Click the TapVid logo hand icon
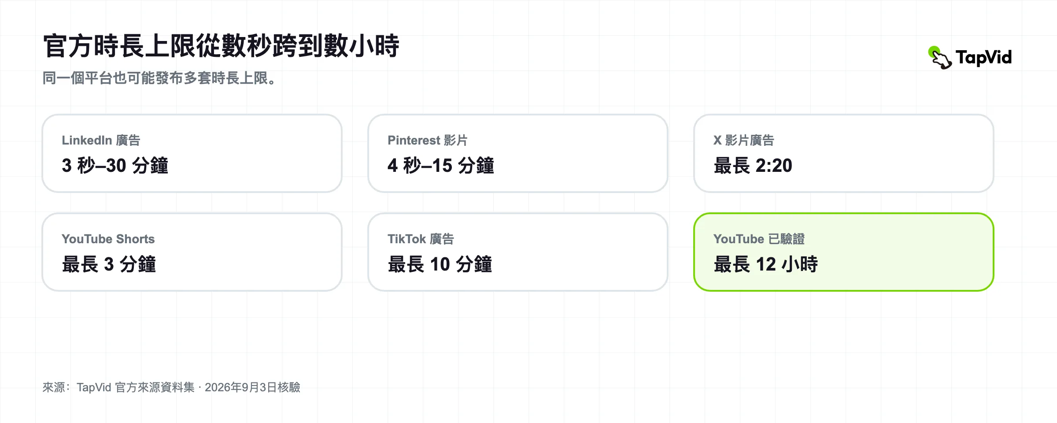pyautogui.click(x=940, y=58)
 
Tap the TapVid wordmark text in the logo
pyautogui.click(x=984, y=58)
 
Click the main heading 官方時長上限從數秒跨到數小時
pyautogui.click(x=221, y=46)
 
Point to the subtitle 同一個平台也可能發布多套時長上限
pyautogui.click(x=159, y=78)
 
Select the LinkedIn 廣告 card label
pyautogui.click(x=101, y=140)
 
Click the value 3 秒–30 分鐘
pyautogui.click(x=115, y=166)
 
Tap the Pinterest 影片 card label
pyautogui.click(x=427, y=140)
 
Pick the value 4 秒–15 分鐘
pyautogui.click(x=441, y=166)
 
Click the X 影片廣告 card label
pyautogui.click(x=744, y=140)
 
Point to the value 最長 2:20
pyautogui.click(x=753, y=166)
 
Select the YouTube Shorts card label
pyautogui.click(x=108, y=239)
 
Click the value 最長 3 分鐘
pyautogui.click(x=109, y=264)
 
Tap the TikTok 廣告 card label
pyautogui.click(x=421, y=239)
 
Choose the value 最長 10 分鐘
pyautogui.click(x=440, y=264)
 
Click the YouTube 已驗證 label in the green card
pyautogui.click(x=759, y=239)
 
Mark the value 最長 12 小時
pyautogui.click(x=766, y=264)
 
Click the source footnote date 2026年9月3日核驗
pyautogui.click(x=252, y=387)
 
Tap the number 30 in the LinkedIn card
pyautogui.click(x=116, y=166)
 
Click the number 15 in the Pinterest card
pyautogui.click(x=442, y=166)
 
